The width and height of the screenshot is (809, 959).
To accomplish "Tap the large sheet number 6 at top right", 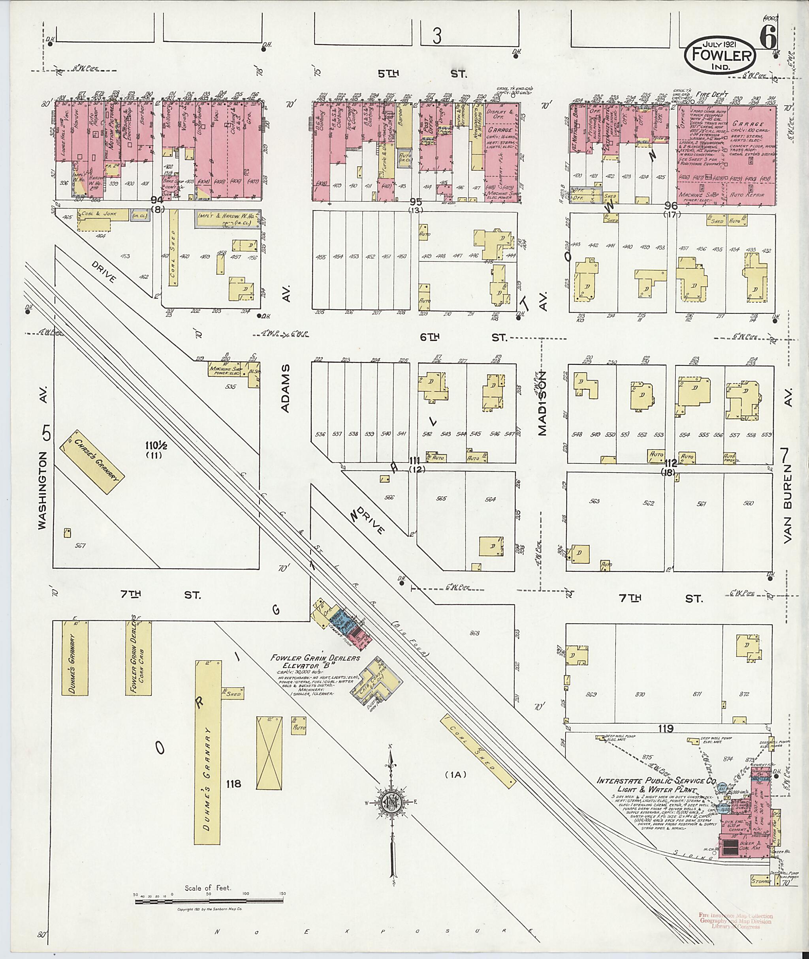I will pos(768,37).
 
